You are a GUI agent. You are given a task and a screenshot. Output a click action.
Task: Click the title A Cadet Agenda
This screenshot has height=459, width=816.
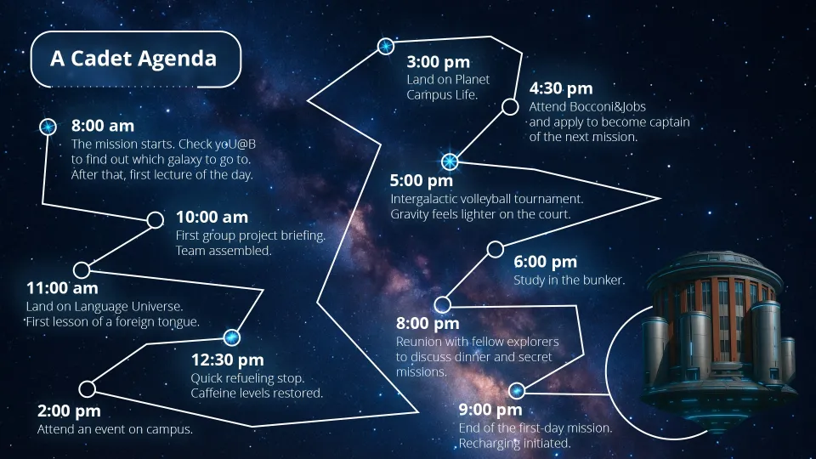(x=133, y=59)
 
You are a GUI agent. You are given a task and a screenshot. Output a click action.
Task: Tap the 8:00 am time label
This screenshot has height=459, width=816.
(x=103, y=126)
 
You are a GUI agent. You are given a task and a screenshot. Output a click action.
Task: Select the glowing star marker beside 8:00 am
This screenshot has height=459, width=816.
(x=48, y=127)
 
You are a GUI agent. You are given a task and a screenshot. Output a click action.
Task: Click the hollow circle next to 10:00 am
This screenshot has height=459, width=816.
(x=155, y=219)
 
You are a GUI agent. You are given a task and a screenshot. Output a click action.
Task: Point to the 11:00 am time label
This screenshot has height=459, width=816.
(x=62, y=288)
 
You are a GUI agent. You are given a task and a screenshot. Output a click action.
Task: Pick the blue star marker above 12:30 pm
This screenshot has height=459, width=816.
(x=231, y=337)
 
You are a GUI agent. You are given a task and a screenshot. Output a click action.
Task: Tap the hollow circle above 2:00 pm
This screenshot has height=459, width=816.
(x=87, y=388)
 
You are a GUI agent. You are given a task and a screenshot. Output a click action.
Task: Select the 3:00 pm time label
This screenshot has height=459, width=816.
(x=439, y=62)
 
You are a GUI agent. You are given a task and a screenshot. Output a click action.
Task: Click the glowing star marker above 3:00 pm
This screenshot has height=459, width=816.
(x=386, y=46)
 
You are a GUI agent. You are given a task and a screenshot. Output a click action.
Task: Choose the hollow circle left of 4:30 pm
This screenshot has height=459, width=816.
(x=510, y=107)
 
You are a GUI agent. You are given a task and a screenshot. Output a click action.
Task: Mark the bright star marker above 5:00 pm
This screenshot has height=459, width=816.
(x=450, y=161)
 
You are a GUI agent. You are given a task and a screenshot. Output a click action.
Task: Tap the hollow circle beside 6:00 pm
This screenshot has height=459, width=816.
(x=496, y=249)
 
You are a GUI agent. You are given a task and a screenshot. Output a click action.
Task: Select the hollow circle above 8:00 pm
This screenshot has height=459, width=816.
(x=442, y=304)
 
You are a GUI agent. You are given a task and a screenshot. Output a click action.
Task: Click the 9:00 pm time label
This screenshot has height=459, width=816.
(x=490, y=410)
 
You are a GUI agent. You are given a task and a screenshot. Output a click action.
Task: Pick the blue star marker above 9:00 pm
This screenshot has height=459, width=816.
(x=516, y=390)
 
